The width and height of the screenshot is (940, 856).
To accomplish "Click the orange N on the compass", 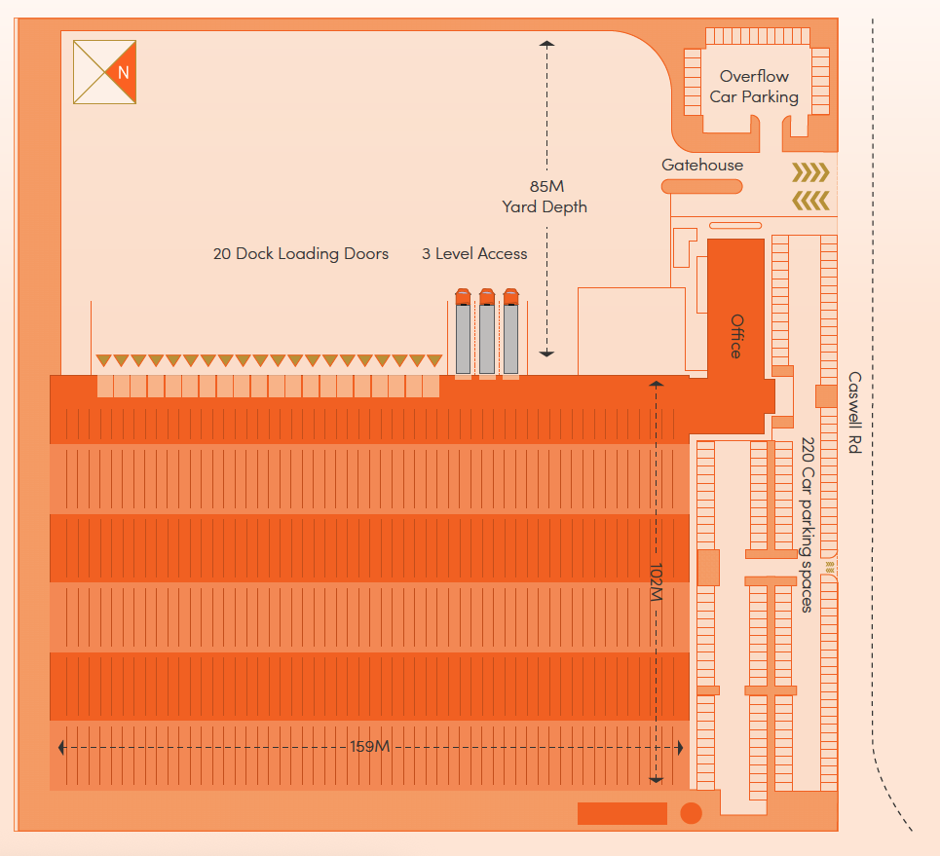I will [123, 72].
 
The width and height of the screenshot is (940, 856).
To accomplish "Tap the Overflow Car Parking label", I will [754, 87].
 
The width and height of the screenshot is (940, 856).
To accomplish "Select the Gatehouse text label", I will [701, 166].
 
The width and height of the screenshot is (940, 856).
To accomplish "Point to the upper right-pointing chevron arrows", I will [810, 173].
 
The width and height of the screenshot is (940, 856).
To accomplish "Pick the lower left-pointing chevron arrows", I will [810, 201].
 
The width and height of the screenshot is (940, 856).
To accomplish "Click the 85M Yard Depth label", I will [545, 197].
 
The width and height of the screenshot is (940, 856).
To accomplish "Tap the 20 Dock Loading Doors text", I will [301, 254].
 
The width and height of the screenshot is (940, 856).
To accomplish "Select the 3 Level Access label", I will [474, 254].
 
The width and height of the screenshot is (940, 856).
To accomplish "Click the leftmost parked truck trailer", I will [463, 333].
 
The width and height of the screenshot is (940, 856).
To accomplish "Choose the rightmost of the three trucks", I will [509, 333].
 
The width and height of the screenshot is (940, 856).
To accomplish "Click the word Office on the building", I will [736, 336].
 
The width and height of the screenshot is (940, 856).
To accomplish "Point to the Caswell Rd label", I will [854, 413].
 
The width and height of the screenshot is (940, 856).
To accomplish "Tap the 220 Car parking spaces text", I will [807, 525].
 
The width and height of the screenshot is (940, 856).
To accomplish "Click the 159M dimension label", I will [369, 747].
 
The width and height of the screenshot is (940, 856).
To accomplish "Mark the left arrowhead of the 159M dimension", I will [62, 747].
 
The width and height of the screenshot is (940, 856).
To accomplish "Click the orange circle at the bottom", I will [691, 813].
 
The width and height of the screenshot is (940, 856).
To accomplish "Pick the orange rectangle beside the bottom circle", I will [621, 813].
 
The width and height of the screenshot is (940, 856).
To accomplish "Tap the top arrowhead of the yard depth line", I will [546, 44].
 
